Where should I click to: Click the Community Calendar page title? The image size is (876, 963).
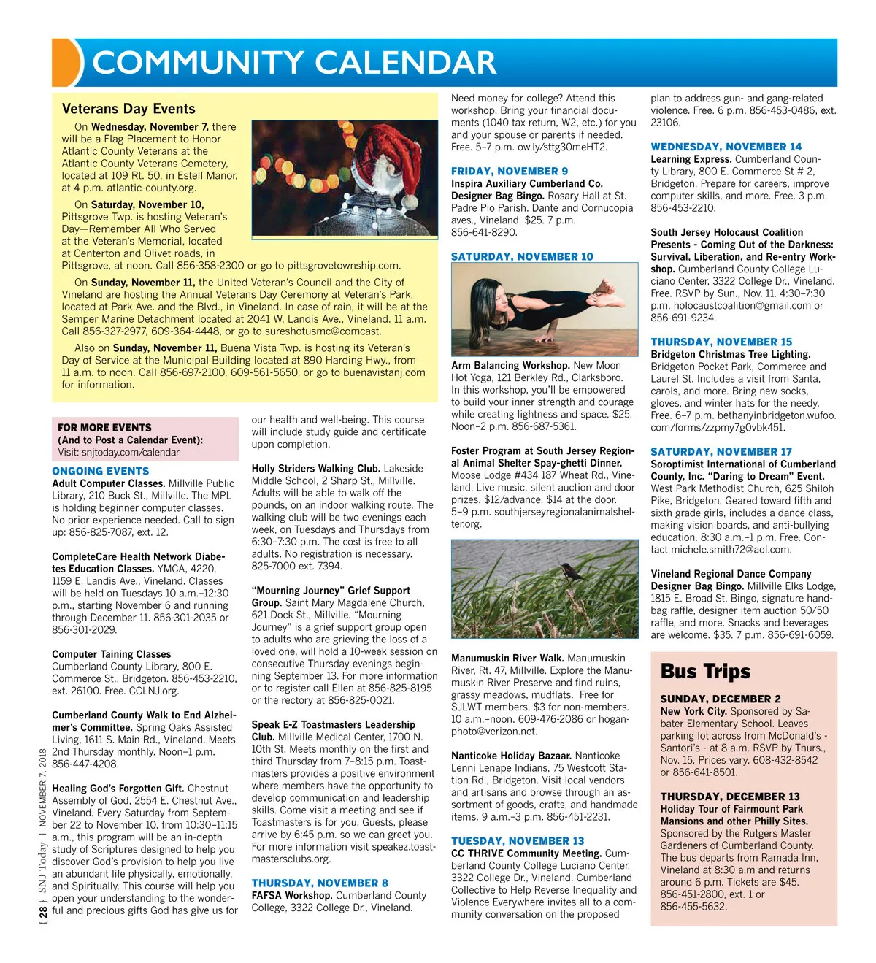pos(294,63)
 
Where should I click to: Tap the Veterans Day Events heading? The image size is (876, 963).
pos(128,109)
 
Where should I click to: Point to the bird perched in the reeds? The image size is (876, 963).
pos(573,571)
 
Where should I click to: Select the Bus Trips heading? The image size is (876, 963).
pos(705,671)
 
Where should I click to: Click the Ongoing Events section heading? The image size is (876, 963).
pos(101,471)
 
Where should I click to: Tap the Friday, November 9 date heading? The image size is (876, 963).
pos(510,171)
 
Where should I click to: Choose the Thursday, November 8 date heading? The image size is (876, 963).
pos(320,883)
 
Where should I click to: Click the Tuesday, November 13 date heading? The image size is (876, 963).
pos(518,841)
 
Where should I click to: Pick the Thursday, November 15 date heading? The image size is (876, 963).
pos(721,342)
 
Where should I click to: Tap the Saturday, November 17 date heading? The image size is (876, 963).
pos(721,452)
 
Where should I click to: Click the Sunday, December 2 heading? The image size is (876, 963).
pos(721,699)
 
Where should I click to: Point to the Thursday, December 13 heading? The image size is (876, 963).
pos(730,797)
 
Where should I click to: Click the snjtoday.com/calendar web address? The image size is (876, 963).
pos(130,452)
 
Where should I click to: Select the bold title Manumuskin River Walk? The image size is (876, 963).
pos(507,658)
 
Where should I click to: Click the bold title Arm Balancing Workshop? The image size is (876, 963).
pos(510,365)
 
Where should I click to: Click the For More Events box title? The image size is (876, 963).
pos(105,427)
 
